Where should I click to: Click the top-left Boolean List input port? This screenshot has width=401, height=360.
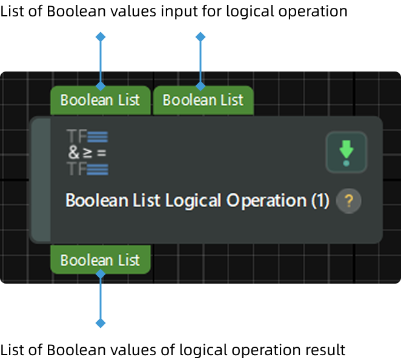(100, 100)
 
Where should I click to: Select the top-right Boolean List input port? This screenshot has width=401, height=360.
(203, 100)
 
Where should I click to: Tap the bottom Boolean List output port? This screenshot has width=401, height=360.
(100, 261)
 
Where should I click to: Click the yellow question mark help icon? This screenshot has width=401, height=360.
(348, 201)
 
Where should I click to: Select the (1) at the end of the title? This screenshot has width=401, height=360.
(320, 201)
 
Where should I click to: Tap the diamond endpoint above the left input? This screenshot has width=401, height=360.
(101, 38)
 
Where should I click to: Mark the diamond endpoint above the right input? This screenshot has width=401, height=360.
(200, 38)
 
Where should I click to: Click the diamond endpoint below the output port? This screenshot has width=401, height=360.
(101, 323)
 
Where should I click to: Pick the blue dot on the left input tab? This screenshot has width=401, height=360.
(101, 87)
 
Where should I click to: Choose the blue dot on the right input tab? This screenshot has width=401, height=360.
(200, 87)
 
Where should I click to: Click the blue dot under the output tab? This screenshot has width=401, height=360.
(101, 274)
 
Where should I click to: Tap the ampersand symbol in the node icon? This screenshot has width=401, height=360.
(74, 153)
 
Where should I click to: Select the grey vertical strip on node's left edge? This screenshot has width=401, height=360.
(41, 180)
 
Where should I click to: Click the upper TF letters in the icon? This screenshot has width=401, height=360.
(77, 137)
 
